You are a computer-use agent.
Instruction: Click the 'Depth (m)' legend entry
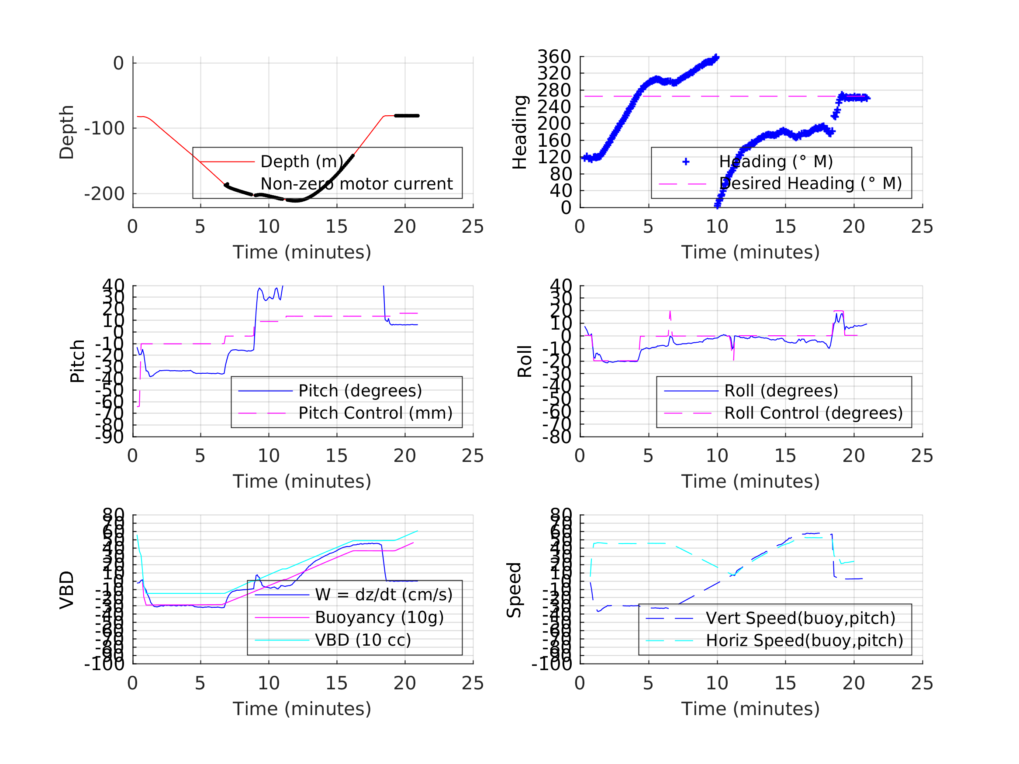click(302, 162)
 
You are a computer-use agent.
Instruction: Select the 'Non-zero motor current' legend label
click(356, 184)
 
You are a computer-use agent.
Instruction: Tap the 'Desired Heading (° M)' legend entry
click(810, 184)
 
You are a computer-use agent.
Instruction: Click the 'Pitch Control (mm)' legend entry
click(376, 413)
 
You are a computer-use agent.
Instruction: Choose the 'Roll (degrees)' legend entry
click(781, 391)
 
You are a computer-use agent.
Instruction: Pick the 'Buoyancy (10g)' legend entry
click(379, 618)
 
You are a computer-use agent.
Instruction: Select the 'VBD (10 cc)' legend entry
click(363, 640)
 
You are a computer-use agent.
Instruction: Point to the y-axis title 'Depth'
click(67, 132)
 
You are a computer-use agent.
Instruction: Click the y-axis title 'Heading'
click(520, 132)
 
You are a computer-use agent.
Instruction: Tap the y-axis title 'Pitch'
click(77, 361)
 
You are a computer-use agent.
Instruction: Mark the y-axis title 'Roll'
click(525, 361)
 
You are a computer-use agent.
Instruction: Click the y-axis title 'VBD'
click(67, 590)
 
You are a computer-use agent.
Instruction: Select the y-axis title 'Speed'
click(514, 590)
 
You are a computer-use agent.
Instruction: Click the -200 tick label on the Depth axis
click(104, 194)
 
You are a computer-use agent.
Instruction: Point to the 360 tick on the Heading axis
click(554, 57)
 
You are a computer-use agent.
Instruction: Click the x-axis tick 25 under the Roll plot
click(922, 456)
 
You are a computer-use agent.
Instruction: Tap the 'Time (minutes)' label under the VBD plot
click(302, 709)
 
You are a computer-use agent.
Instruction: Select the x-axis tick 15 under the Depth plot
click(337, 227)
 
